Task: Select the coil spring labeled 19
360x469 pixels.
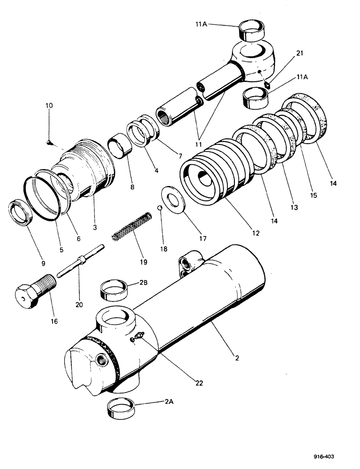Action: coord(132,226)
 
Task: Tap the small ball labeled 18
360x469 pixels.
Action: coord(160,208)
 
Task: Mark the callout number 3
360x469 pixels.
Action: coord(95,227)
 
